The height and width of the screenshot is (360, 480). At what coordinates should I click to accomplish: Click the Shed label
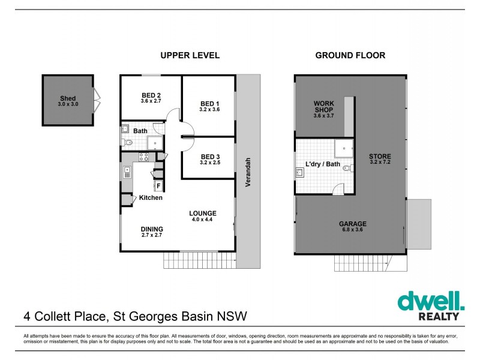67,98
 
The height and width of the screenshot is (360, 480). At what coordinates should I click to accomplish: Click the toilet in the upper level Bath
127,143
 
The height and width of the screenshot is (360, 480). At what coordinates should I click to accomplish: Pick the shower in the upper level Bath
155,142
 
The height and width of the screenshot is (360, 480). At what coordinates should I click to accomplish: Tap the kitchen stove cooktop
145,157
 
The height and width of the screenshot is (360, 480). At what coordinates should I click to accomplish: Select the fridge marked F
159,186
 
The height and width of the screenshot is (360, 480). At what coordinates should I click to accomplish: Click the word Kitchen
151,198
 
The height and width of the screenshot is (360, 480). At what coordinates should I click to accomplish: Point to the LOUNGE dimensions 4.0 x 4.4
202,220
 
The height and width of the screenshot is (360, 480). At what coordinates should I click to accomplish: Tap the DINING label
151,229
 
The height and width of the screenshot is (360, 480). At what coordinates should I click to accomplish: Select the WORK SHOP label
324,106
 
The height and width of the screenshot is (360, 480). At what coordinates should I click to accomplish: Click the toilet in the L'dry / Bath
347,169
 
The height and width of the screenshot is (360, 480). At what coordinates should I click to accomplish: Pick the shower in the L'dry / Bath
343,146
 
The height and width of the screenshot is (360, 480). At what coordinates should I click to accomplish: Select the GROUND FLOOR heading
350,55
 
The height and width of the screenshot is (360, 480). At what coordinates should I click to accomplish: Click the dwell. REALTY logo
429,305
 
